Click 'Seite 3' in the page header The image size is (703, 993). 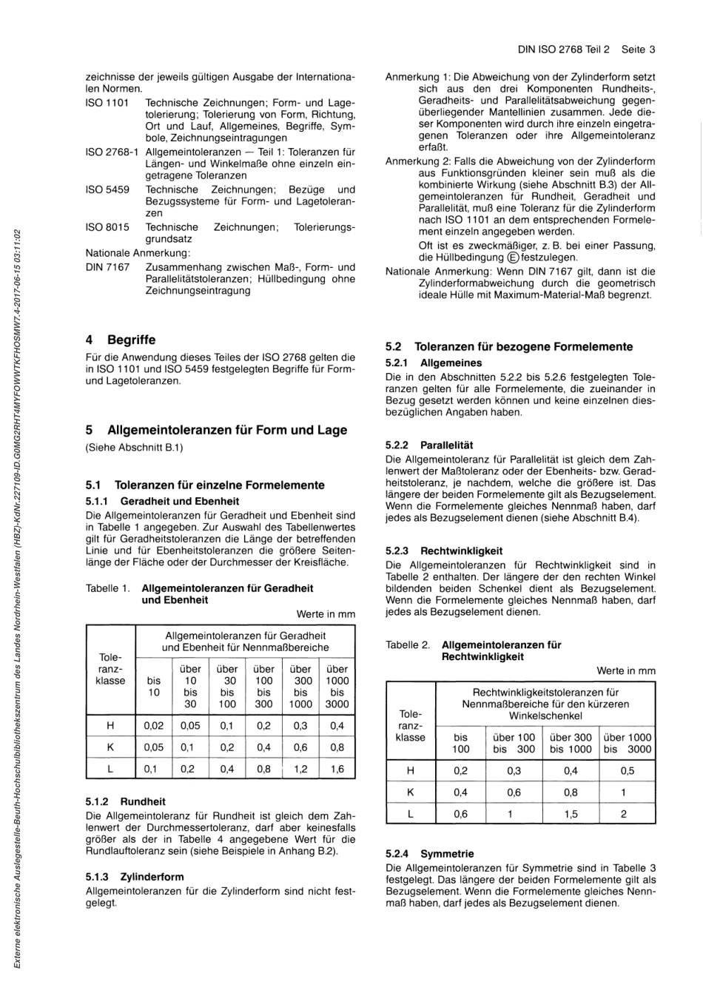[x=638, y=50]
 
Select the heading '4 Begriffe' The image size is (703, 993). [x=121, y=340]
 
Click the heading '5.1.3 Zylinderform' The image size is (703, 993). [x=135, y=877]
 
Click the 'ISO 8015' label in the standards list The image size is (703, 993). [x=107, y=227]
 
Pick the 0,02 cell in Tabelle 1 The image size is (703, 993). [x=153, y=726]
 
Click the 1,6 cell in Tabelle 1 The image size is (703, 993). [x=337, y=769]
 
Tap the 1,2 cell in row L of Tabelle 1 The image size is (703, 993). [x=300, y=769]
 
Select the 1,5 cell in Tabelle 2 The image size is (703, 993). [x=571, y=814]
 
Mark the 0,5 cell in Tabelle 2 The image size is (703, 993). [x=627, y=770]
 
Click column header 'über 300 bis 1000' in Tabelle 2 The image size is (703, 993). [x=571, y=743]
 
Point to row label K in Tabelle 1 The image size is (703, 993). [x=110, y=747]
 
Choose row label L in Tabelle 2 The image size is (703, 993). [x=410, y=814]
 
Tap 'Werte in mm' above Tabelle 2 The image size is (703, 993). [x=626, y=671]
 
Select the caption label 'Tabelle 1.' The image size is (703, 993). [x=108, y=588]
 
